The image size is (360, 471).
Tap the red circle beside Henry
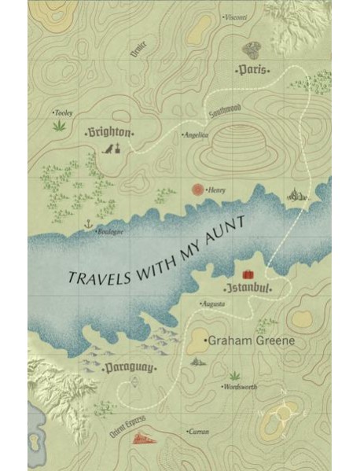pos(197,190)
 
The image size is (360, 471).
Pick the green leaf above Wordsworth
pos(233,375)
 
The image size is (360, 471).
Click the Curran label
pos(197,432)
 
